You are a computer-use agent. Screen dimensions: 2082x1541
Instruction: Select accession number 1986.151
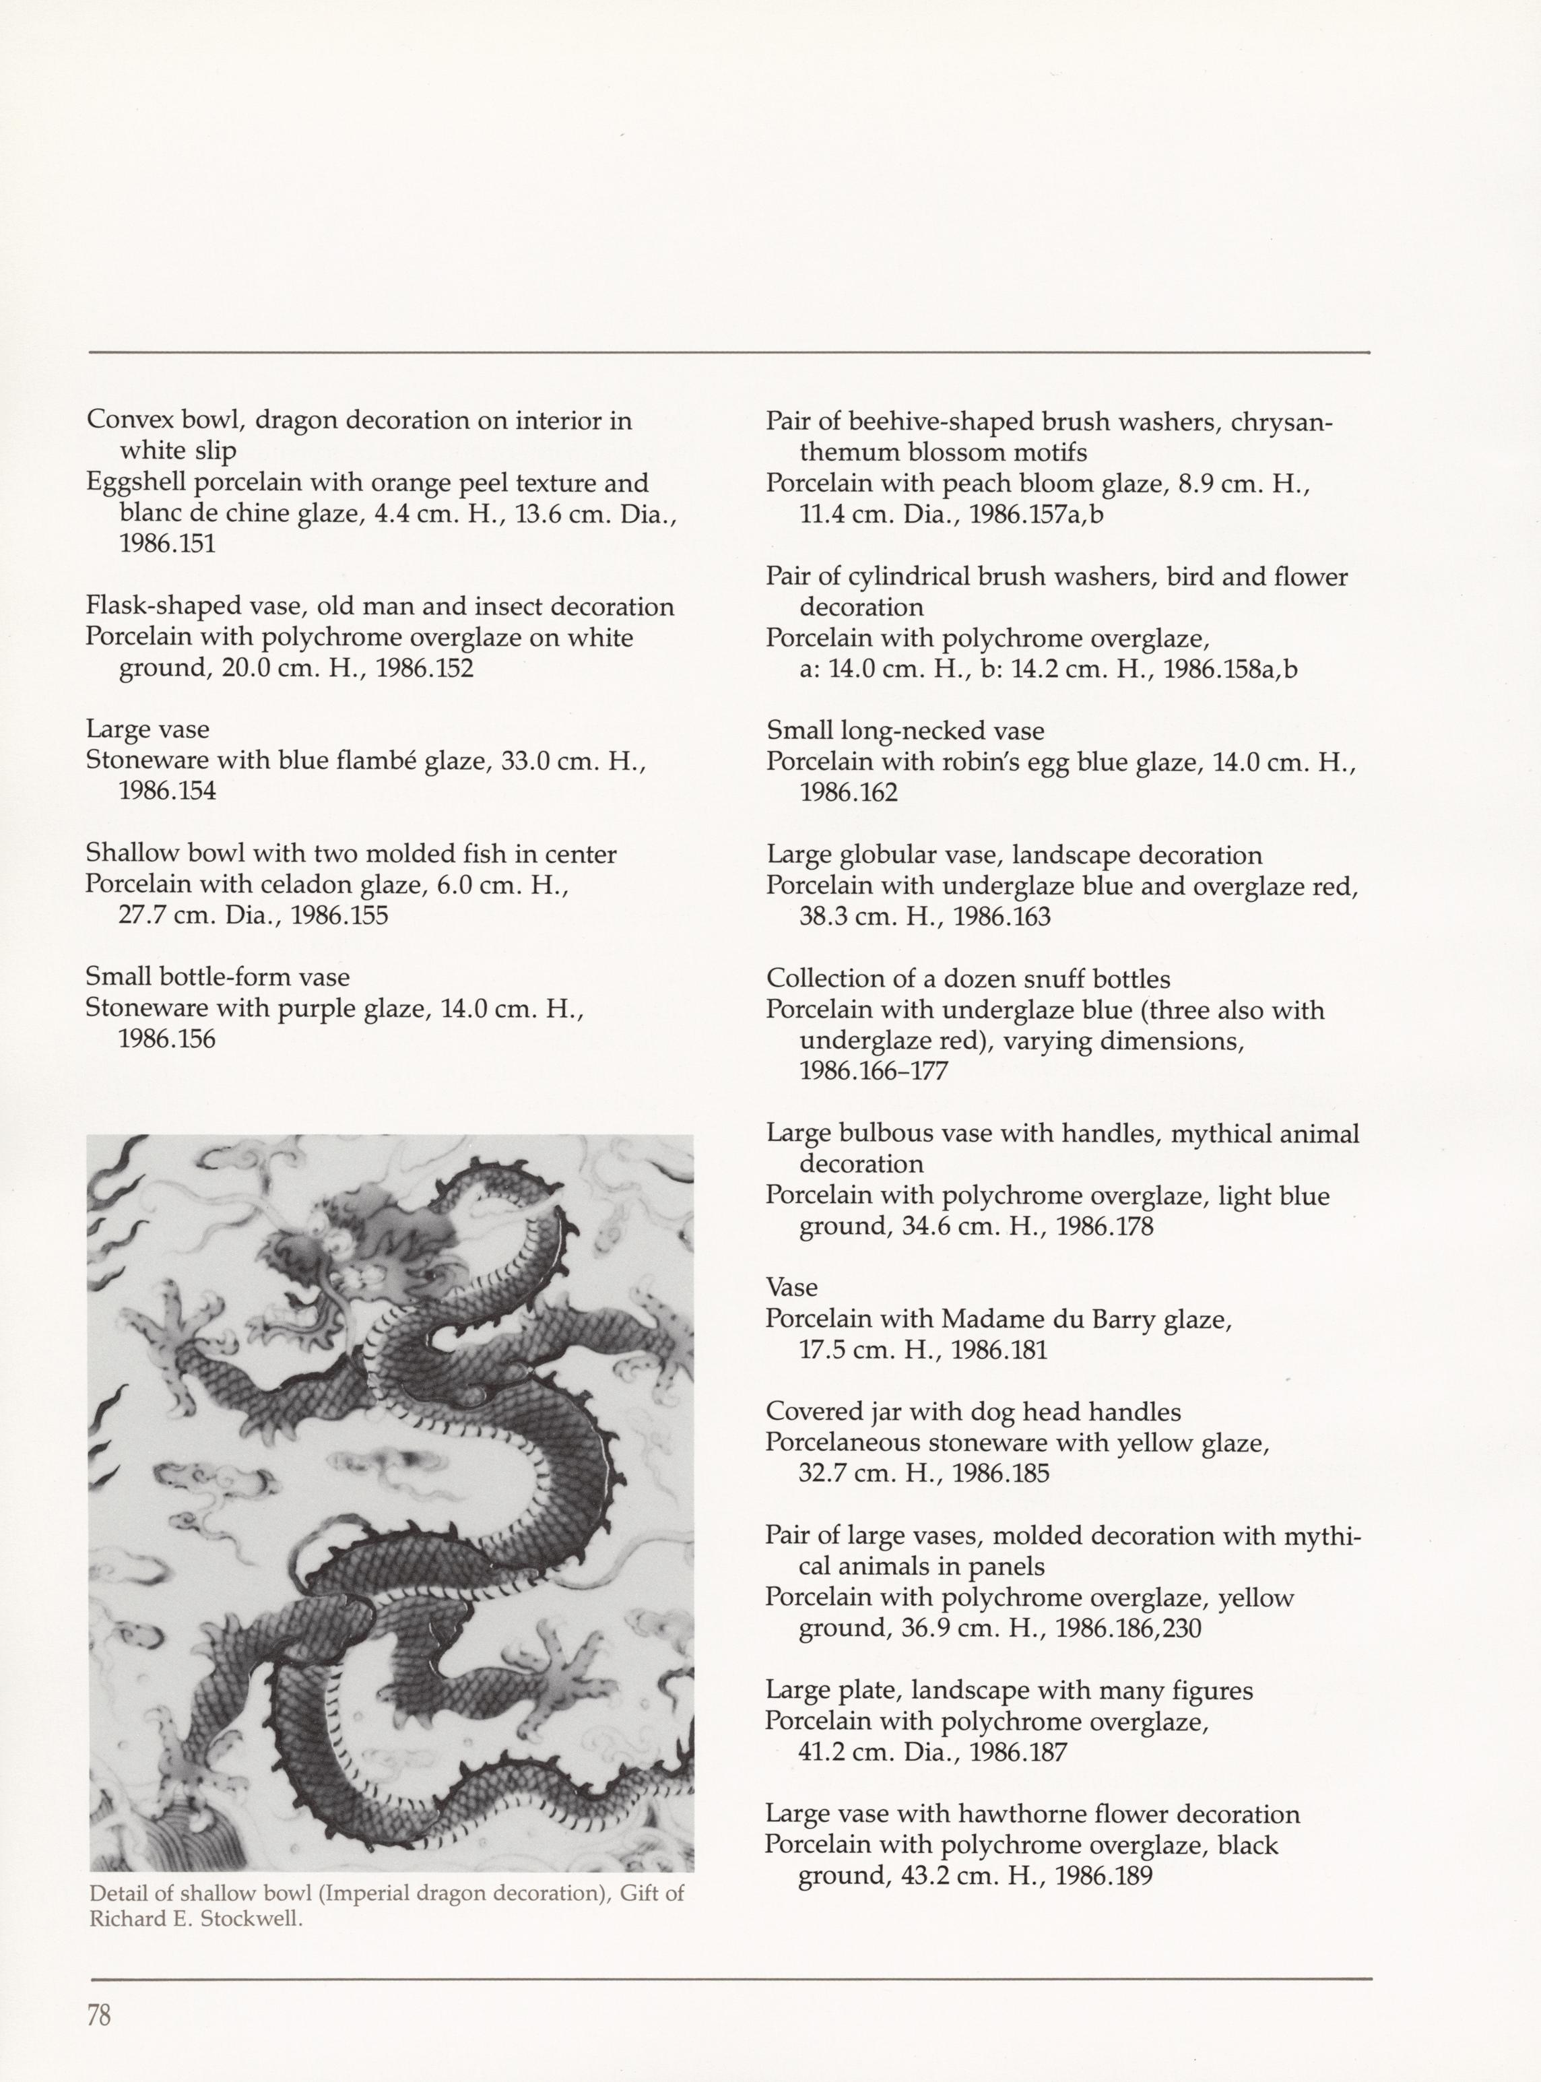point(167,544)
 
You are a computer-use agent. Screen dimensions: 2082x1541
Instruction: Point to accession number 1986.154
point(167,791)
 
